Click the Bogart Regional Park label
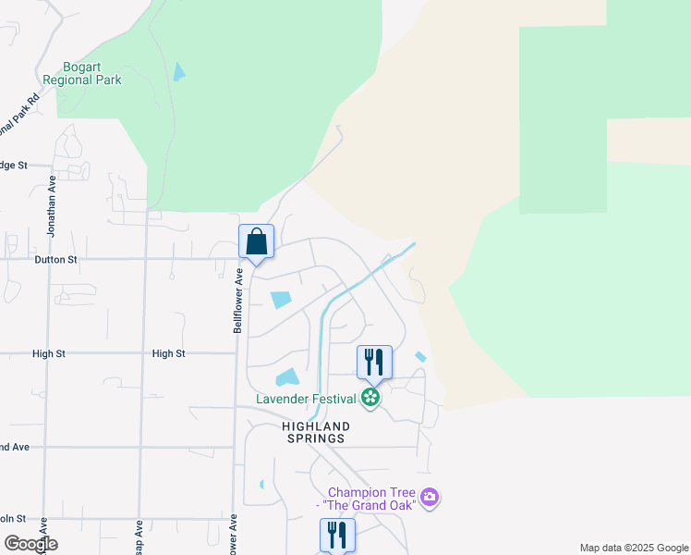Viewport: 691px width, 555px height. pos(92,73)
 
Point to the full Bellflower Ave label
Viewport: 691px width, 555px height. pos(237,301)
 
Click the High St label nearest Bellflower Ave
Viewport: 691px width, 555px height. pos(169,353)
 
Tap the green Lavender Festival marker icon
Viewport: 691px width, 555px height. pos(370,399)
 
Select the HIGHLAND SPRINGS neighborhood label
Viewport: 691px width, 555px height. pos(315,433)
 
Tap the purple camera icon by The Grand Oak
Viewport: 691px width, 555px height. pos(429,499)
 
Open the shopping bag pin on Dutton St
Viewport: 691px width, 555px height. pos(257,241)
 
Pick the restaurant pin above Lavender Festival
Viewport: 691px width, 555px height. pos(374,361)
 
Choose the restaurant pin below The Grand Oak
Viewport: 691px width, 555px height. pos(337,534)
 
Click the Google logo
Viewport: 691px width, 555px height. pos(30,543)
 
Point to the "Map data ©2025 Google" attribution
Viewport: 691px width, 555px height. pos(633,548)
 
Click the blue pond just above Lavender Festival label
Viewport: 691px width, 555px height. pos(287,377)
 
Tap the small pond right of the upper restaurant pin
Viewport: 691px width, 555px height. pos(421,357)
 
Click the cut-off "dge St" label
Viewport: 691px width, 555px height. pos(13,166)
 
